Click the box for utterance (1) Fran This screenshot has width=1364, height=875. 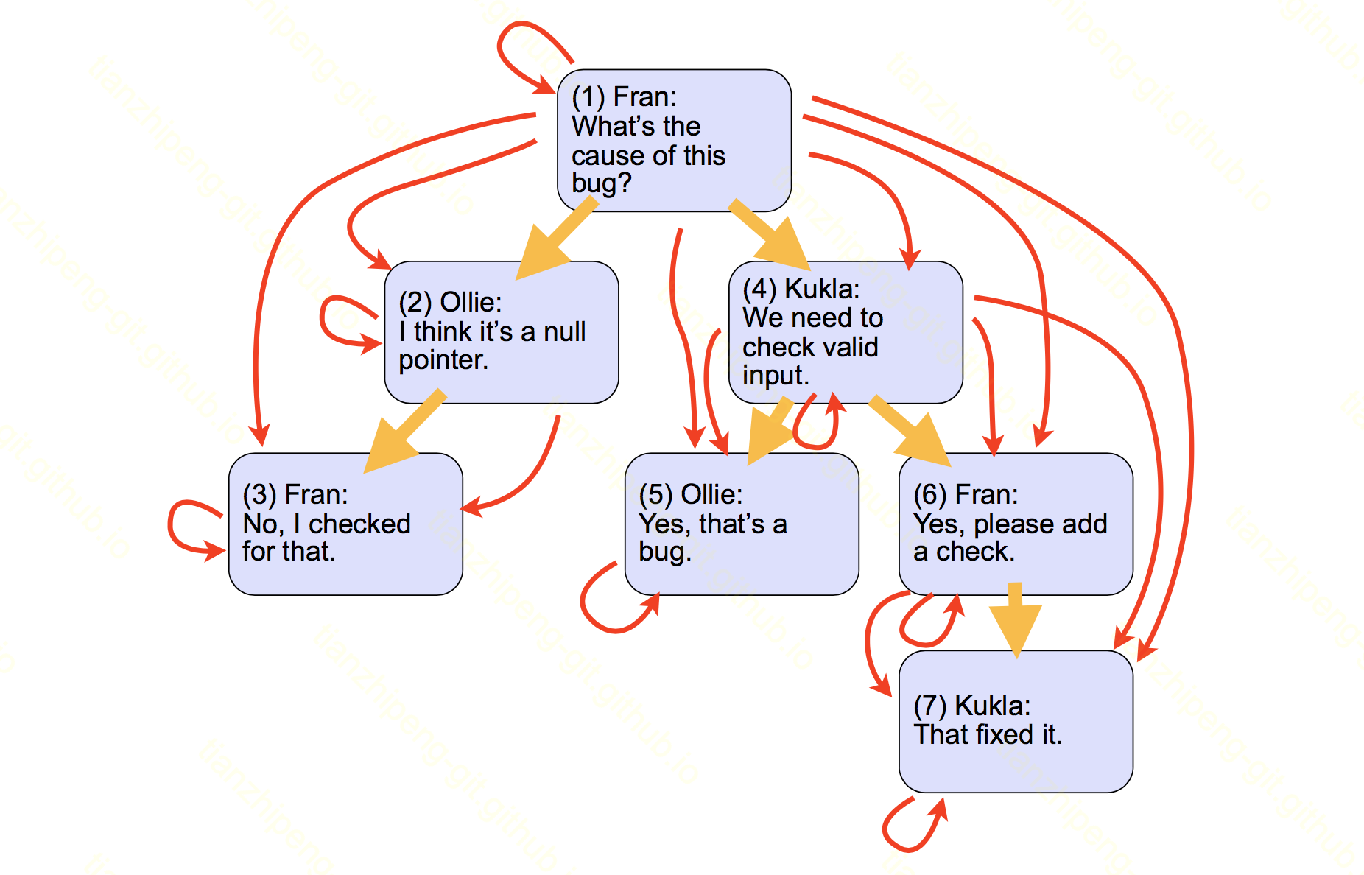(674, 140)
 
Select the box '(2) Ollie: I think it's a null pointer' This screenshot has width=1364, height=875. (501, 331)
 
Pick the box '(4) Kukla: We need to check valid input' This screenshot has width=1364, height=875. (845, 331)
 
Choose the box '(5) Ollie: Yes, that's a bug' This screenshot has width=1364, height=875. (741, 524)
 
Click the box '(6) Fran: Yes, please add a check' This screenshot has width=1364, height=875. (1016, 524)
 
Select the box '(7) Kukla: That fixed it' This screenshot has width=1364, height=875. (1016, 721)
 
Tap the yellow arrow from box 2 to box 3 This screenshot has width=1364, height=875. (405, 431)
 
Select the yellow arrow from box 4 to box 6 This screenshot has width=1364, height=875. (910, 432)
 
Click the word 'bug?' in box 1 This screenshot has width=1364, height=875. (601, 183)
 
